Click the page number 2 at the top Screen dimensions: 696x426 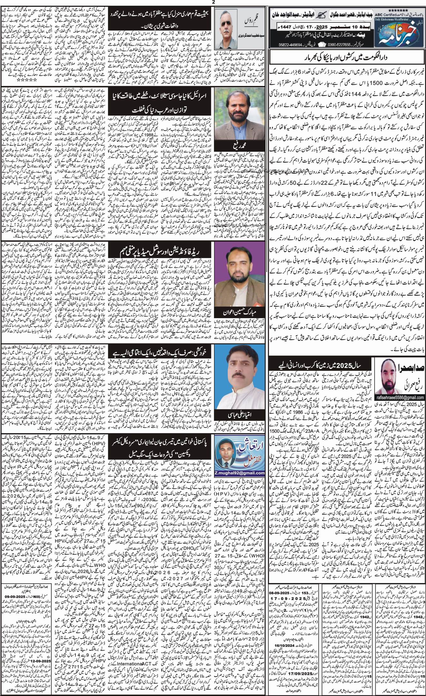[213, 3]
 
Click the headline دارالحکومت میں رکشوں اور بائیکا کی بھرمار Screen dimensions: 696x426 [346, 58]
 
